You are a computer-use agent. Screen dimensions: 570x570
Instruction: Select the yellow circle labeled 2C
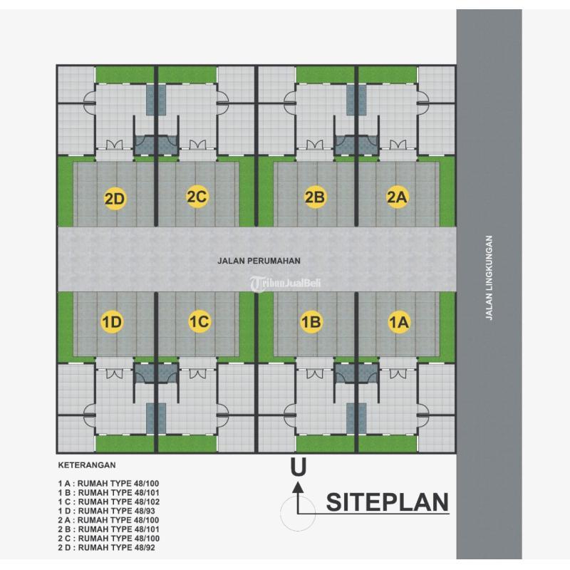tap(197, 197)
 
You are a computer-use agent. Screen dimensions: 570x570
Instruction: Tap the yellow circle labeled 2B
tap(314, 198)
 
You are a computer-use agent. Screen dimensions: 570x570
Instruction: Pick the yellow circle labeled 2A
tap(396, 198)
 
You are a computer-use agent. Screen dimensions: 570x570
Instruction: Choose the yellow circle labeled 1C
tap(198, 323)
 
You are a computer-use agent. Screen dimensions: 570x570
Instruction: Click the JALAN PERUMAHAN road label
tap(247, 261)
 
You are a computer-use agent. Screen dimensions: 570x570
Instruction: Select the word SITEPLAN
tap(388, 502)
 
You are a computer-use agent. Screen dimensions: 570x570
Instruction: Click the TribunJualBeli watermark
tap(285, 283)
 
